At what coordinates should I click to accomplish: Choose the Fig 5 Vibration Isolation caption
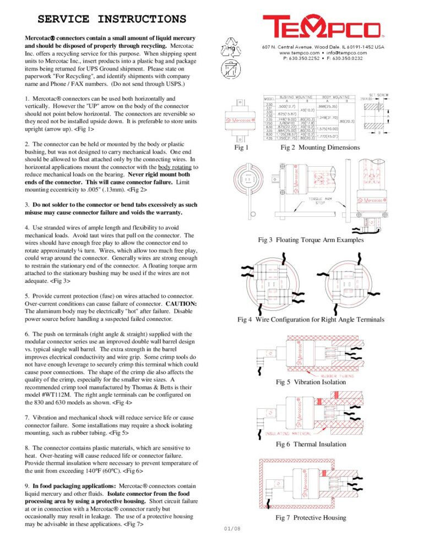[311, 382]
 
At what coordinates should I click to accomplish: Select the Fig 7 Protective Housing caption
[311, 518]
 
